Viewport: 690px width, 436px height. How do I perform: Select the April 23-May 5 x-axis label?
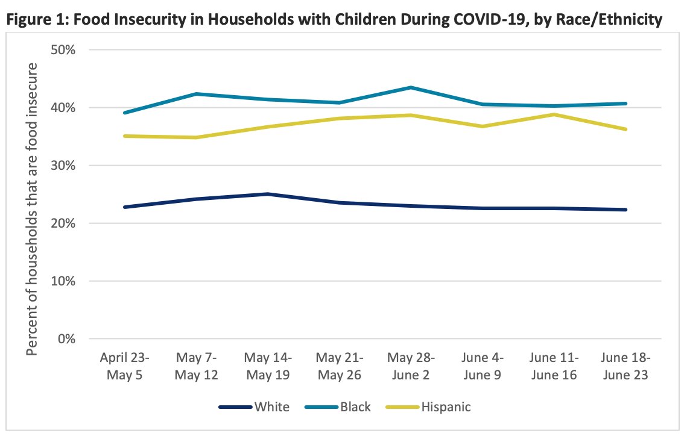(x=124, y=366)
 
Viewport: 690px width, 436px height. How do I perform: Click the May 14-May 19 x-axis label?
(x=267, y=366)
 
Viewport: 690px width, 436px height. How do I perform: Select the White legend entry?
(x=253, y=407)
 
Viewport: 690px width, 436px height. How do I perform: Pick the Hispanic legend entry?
(x=431, y=407)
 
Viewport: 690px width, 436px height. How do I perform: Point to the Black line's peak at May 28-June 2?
(x=411, y=87)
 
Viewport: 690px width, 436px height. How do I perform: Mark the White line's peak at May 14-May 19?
(x=267, y=194)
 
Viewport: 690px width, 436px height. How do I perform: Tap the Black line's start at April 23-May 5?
(x=124, y=113)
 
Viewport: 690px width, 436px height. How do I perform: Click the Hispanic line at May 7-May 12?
(x=195, y=137)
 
